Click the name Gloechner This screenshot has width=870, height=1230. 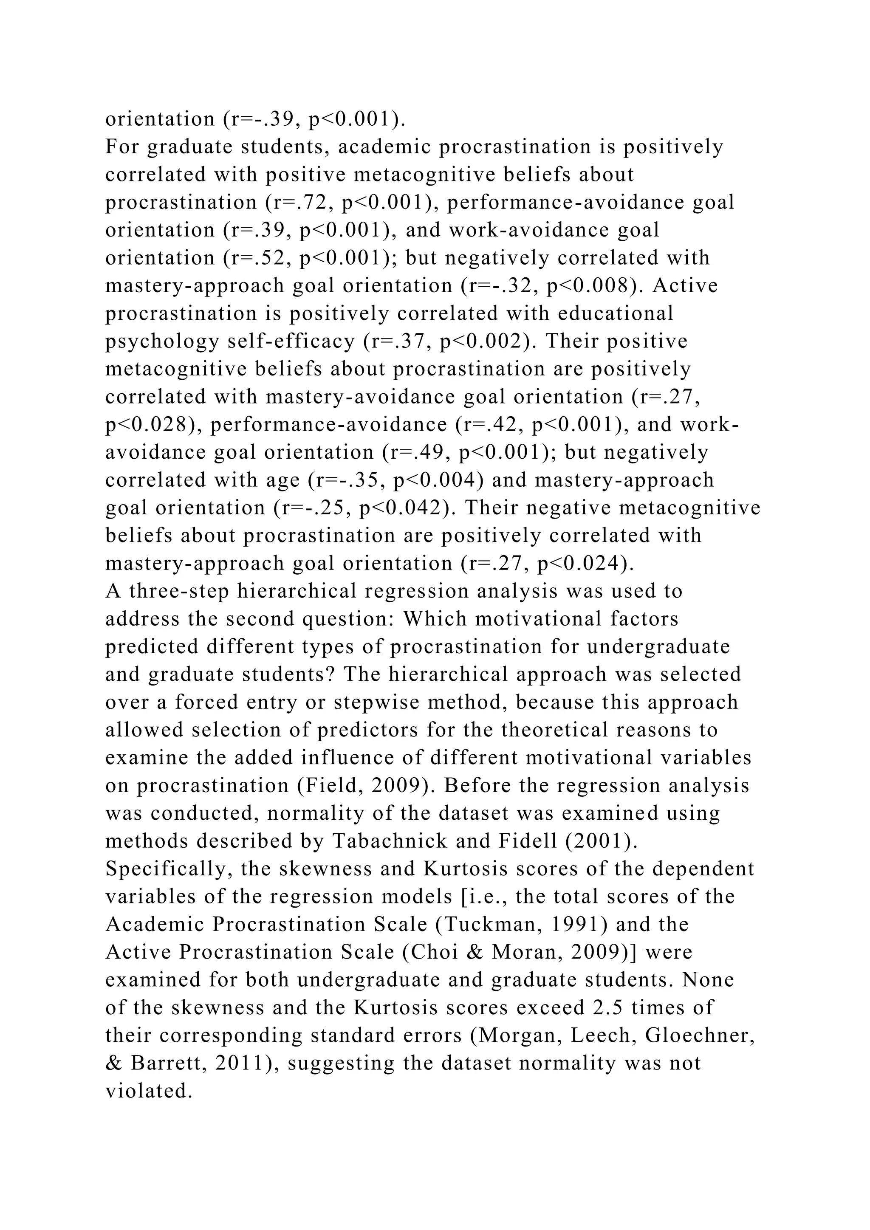[700, 1035]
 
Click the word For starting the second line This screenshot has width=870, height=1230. [121, 147]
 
